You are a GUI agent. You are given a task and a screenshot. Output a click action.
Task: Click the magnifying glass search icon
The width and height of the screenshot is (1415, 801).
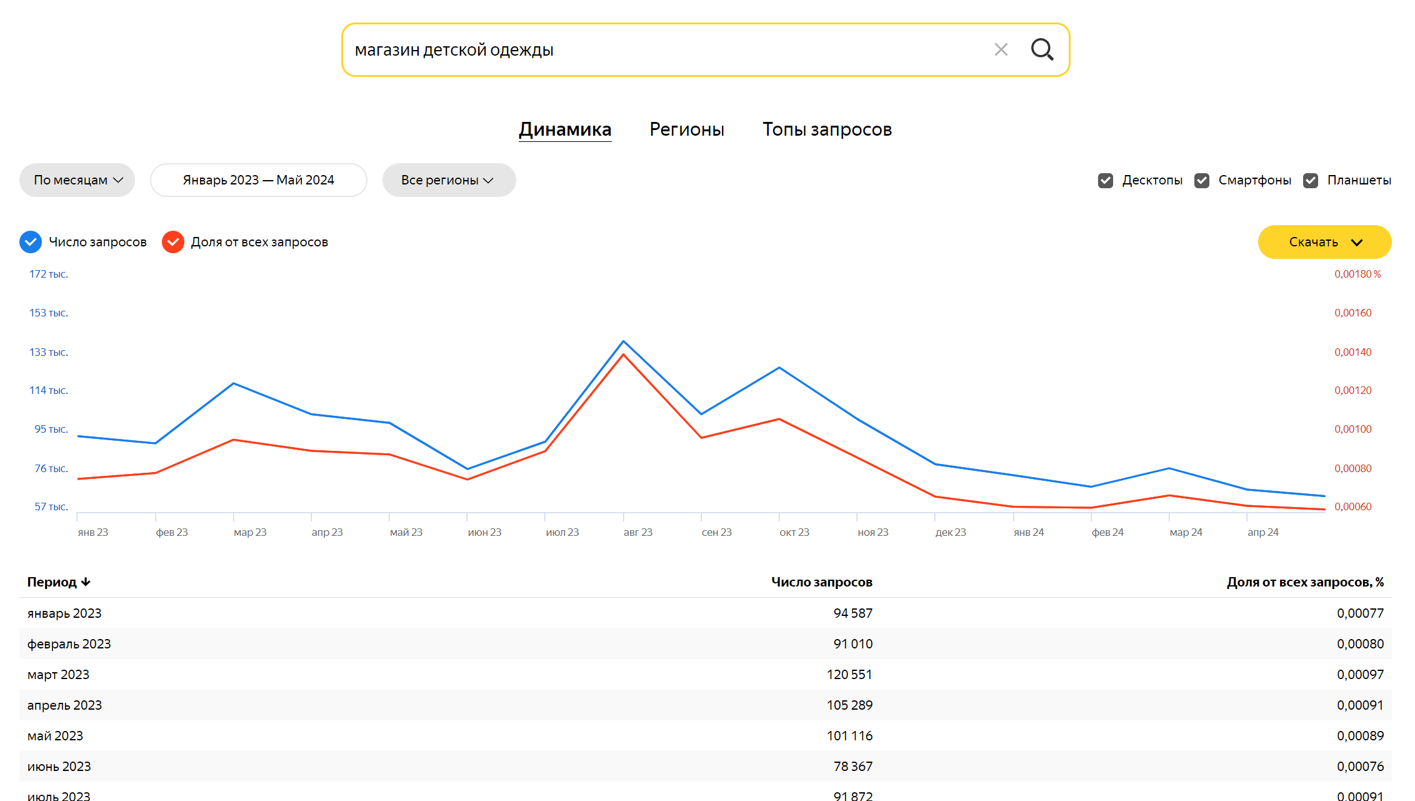click(1042, 49)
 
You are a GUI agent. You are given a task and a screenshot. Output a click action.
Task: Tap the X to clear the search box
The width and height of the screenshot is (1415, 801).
click(1001, 49)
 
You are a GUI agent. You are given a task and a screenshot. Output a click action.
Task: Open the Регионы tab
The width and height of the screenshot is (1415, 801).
click(687, 129)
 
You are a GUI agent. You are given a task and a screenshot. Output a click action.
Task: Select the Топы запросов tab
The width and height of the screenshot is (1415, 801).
click(827, 129)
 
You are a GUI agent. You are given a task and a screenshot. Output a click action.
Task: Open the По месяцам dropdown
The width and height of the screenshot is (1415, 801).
click(77, 180)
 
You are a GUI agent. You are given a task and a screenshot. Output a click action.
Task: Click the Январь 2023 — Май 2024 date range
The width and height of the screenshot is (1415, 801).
click(259, 180)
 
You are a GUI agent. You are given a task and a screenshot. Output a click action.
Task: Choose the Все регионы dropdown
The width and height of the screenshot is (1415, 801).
click(449, 180)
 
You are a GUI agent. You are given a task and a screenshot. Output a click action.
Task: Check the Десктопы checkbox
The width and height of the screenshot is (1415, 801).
click(1106, 181)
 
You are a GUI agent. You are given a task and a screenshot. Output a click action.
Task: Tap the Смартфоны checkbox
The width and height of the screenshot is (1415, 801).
click(1202, 181)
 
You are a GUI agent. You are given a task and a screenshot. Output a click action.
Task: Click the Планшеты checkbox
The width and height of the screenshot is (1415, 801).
click(1311, 181)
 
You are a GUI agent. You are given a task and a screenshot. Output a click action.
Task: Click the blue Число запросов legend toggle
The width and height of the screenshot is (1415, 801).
click(31, 242)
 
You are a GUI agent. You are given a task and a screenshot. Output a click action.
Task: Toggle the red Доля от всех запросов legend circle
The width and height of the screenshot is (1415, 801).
click(173, 242)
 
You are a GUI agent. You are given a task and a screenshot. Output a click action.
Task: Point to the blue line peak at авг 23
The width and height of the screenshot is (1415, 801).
click(623, 341)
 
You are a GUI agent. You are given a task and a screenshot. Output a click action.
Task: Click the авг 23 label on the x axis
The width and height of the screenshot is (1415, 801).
click(638, 533)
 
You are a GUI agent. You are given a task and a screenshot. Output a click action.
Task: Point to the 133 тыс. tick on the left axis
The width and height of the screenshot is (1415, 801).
click(49, 352)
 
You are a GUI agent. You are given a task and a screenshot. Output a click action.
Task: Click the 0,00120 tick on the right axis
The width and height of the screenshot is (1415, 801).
click(1353, 390)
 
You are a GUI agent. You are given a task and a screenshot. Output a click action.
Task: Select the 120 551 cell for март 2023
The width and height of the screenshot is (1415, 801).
click(849, 675)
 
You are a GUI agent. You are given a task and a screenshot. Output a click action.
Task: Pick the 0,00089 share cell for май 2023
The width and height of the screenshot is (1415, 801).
click(1360, 736)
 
